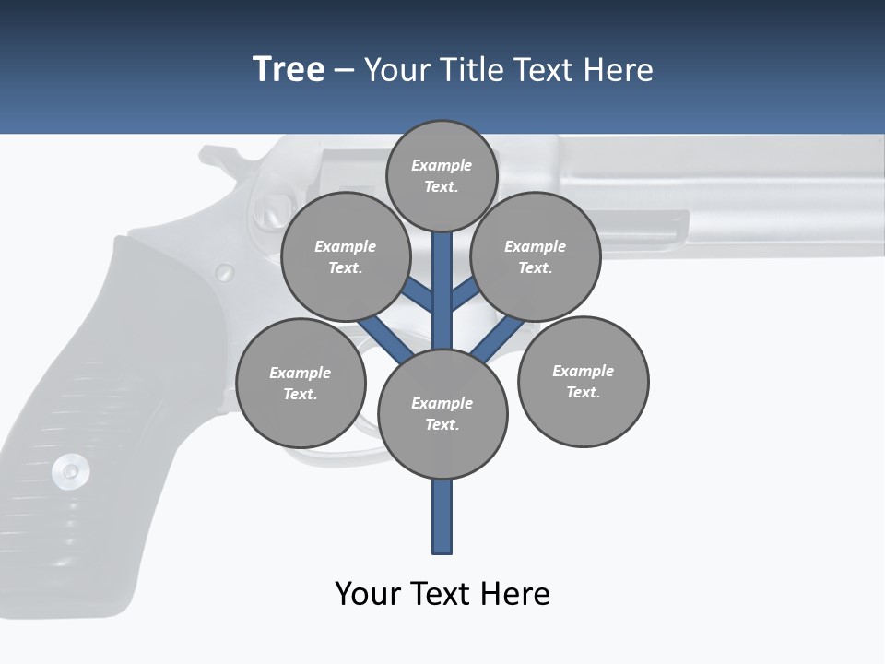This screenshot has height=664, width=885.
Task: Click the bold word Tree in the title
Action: click(x=289, y=70)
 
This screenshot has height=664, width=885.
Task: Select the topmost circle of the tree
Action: click(x=442, y=175)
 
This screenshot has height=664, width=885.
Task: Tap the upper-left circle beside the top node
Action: click(x=346, y=256)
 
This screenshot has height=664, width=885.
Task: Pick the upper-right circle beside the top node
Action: click(x=536, y=256)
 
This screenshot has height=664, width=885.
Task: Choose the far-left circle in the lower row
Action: click(x=301, y=383)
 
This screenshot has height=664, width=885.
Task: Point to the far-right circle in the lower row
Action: click(x=584, y=382)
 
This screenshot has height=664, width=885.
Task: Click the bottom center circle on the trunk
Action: click(x=442, y=414)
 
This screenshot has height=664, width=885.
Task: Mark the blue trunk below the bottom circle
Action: click(x=442, y=516)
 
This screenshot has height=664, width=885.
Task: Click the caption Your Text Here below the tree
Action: click(x=442, y=593)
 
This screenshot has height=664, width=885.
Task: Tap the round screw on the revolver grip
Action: click(x=70, y=471)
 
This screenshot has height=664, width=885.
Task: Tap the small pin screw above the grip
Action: click(x=224, y=272)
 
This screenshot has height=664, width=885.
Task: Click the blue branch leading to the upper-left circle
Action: click(x=418, y=295)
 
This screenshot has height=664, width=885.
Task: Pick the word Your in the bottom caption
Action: click(x=367, y=593)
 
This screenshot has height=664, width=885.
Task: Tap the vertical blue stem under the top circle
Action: click(x=442, y=286)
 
